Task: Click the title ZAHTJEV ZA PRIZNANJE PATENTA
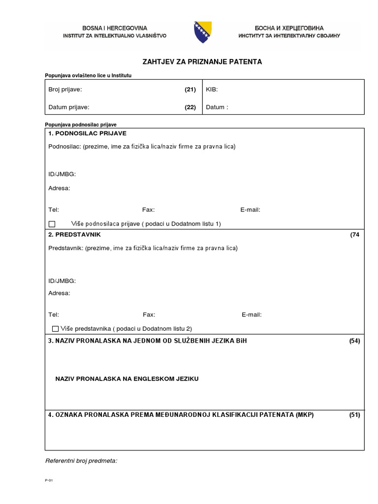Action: pyautogui.click(x=202, y=62)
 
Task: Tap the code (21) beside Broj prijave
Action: pyautogui.click(x=190, y=90)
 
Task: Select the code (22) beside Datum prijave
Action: pyautogui.click(x=190, y=107)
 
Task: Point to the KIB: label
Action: pyautogui.click(x=212, y=90)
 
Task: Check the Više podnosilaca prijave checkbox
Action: pyautogui.click(x=52, y=224)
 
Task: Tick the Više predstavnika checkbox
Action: pyautogui.click(x=55, y=328)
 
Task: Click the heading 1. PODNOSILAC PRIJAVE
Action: pyautogui.click(x=88, y=133)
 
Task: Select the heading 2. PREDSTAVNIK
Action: pyautogui.click(x=74, y=235)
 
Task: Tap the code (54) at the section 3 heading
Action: pyautogui.click(x=354, y=341)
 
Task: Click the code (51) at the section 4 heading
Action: pyautogui.click(x=354, y=415)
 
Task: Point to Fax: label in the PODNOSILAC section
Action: pyautogui.click(x=149, y=210)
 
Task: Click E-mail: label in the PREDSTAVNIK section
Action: pyautogui.click(x=252, y=315)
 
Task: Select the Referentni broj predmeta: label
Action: pyautogui.click(x=81, y=461)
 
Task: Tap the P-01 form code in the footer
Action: pyautogui.click(x=48, y=481)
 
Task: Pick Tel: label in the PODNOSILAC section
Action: pyautogui.click(x=54, y=210)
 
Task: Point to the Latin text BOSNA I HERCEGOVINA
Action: pyautogui.click(x=114, y=28)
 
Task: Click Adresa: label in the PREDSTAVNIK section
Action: pyautogui.click(x=60, y=293)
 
